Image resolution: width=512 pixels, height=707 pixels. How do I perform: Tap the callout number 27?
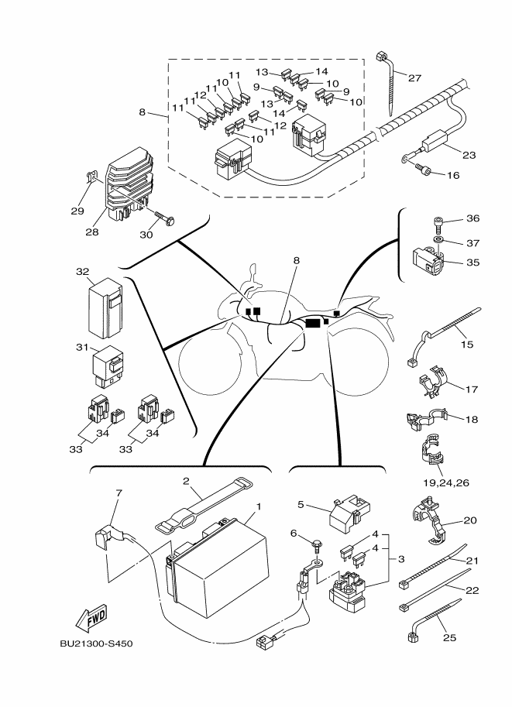(415, 77)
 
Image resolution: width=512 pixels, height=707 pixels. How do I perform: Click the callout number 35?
(474, 262)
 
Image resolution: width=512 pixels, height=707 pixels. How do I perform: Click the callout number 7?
(119, 492)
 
